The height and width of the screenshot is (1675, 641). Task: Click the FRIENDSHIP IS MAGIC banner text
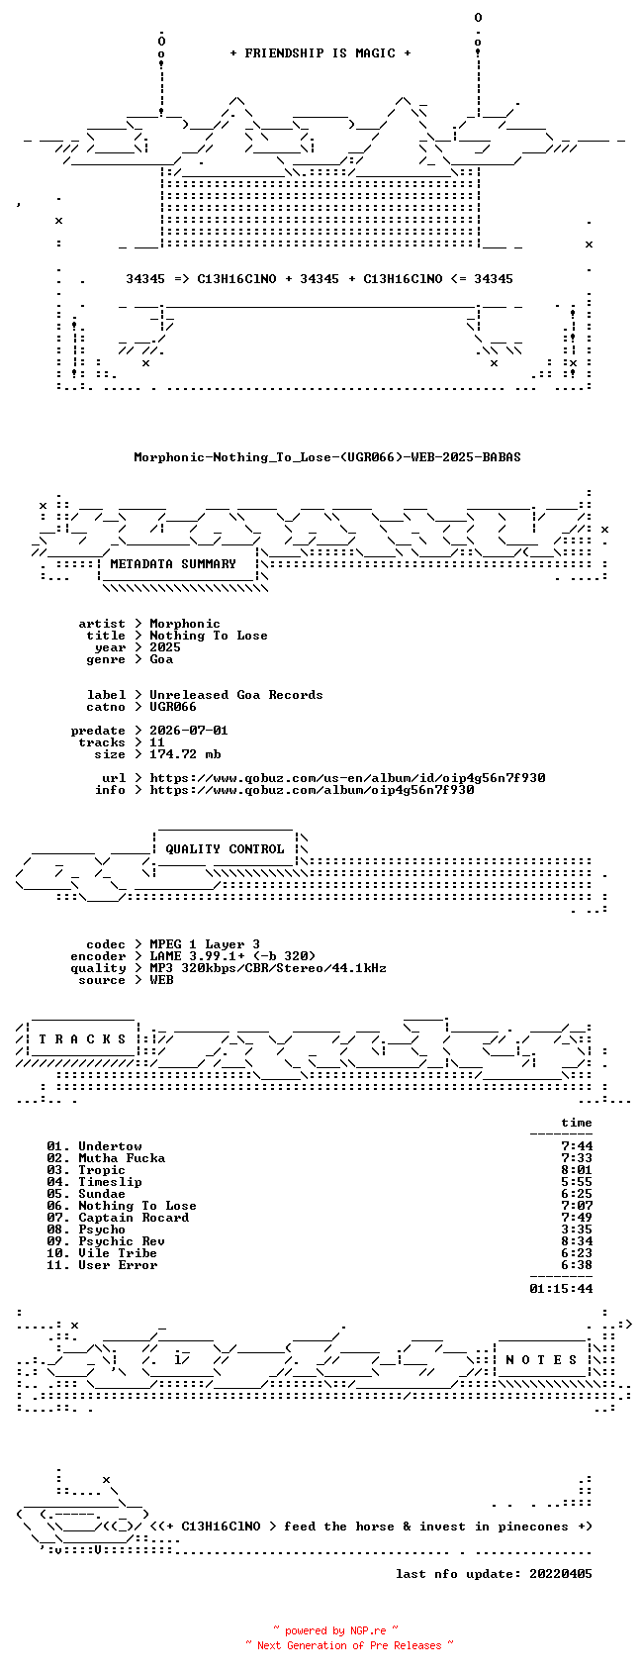(320, 53)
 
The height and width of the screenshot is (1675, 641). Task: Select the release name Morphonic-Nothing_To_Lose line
(327, 457)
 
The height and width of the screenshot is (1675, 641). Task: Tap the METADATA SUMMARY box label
(172, 564)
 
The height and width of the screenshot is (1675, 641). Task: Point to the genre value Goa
(161, 659)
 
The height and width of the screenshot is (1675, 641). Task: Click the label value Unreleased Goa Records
(236, 695)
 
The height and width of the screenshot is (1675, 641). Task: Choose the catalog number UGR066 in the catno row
(172, 707)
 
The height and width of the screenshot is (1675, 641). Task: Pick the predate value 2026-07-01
(188, 731)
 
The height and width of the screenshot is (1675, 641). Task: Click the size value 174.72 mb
(185, 754)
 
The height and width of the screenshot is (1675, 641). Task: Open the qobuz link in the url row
(347, 778)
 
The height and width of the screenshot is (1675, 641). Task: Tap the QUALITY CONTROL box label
(225, 849)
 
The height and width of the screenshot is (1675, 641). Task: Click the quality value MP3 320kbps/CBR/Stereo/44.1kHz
(267, 968)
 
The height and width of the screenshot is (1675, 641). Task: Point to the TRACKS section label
(82, 1039)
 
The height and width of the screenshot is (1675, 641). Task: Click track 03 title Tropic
(102, 1170)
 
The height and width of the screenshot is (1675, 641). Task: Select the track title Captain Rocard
(134, 1218)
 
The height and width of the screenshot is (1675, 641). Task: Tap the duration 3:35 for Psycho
(577, 1230)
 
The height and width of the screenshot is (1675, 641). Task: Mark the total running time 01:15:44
(561, 1288)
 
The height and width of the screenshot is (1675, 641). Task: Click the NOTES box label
(542, 1360)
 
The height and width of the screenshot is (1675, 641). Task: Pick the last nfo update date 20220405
(561, 1574)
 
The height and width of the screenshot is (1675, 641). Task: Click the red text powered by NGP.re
(335, 1630)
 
